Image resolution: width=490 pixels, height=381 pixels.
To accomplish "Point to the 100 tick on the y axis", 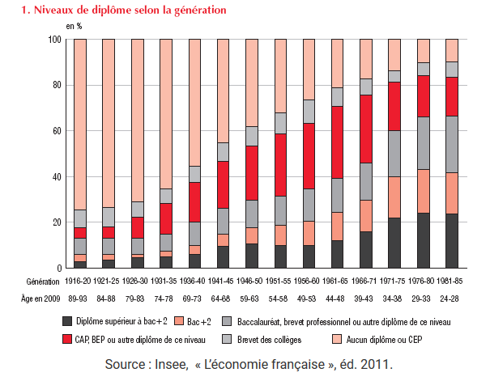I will coord(55,39).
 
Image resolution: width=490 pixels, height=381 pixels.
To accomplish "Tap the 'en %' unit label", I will coord(75,26).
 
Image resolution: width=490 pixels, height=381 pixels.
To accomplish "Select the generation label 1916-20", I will coord(80,282).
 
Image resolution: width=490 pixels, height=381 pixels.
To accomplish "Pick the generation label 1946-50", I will coord(252,282).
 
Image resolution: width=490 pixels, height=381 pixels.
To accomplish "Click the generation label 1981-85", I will coord(452,282).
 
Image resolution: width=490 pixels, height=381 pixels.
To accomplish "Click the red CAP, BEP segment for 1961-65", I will coord(338,142).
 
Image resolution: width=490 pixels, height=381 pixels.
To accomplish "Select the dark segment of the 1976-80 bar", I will coord(424,240).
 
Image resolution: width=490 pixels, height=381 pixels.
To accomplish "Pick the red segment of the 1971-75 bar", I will coord(395,106).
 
